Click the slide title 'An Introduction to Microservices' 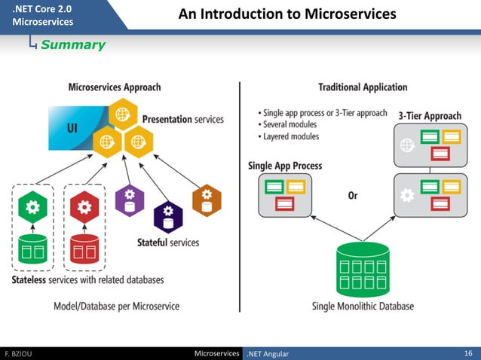tap(286, 14)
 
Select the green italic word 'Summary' tap(73, 45)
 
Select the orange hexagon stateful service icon tap(207, 200)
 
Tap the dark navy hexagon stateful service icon tap(167, 216)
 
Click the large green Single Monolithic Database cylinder tap(363, 268)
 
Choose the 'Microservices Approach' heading tap(115, 87)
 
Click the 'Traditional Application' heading tap(363, 87)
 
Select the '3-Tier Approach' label tap(430, 116)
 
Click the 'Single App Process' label tap(285, 166)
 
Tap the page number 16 tap(467, 353)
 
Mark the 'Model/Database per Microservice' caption tap(116, 307)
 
